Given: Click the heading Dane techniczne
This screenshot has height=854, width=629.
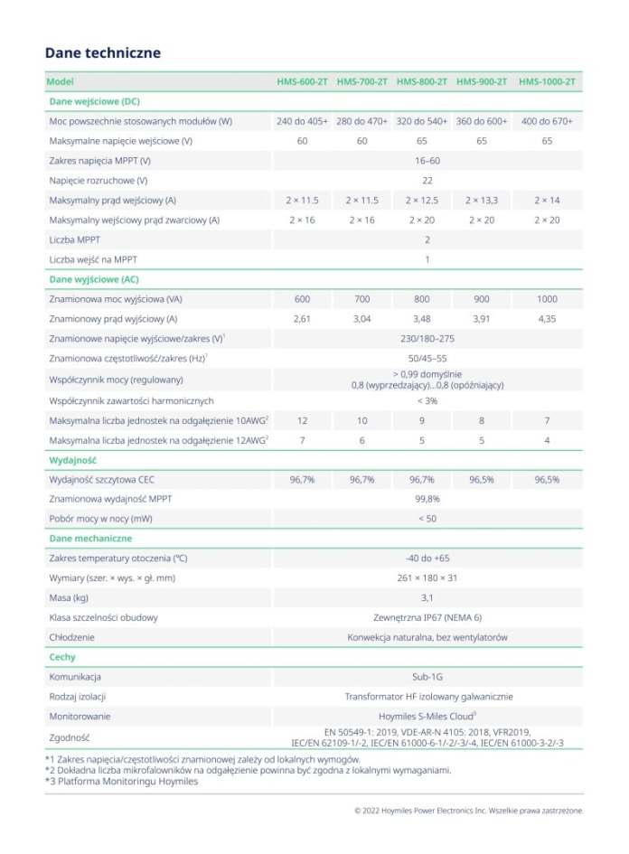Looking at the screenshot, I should tap(102, 53).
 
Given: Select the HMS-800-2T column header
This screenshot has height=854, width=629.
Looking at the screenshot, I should tap(422, 82).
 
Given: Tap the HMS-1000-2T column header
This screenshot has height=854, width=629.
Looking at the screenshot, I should tap(547, 82).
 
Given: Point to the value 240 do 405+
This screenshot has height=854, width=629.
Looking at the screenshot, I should tap(302, 121).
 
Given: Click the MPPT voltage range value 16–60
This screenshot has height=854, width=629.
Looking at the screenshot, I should tap(427, 160).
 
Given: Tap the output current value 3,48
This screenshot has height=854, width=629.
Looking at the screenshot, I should tap(422, 319).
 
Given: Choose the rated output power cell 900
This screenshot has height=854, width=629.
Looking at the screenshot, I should tap(482, 299).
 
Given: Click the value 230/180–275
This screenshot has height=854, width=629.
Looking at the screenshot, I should tap(427, 339).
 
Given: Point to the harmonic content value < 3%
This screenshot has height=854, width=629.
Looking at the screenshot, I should tap(427, 400).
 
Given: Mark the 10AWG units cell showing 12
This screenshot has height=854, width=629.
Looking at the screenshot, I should tap(302, 420).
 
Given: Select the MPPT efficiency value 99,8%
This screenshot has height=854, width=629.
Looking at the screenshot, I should tap(427, 499).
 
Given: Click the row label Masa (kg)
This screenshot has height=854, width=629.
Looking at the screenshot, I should tap(69, 598).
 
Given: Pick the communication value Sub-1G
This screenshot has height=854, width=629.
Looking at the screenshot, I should tap(427, 677).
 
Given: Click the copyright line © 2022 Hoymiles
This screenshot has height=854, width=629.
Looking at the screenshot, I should tap(468, 811).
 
